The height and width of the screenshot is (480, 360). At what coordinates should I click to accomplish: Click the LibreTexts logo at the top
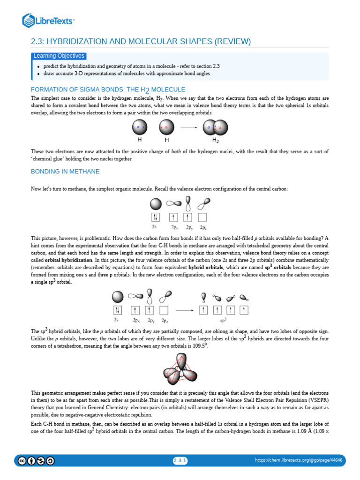[48, 20]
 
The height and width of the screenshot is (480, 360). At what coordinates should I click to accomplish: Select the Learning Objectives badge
[59, 56]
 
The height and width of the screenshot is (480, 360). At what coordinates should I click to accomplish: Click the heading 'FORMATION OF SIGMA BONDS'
[108, 90]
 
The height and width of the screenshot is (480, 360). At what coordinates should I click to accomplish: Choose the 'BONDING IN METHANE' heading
[65, 172]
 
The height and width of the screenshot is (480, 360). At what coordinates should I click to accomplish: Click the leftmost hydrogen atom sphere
[140, 127]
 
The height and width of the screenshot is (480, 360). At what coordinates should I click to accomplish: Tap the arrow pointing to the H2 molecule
[189, 127]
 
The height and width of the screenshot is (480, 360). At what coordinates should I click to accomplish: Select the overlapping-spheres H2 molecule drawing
[216, 127]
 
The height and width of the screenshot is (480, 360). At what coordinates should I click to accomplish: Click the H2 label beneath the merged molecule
[216, 140]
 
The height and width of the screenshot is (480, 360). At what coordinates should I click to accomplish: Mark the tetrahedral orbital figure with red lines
[180, 367]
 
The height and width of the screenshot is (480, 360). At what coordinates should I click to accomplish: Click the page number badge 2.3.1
[180, 461]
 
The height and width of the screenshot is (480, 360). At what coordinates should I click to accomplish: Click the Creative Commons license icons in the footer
[37, 461]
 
